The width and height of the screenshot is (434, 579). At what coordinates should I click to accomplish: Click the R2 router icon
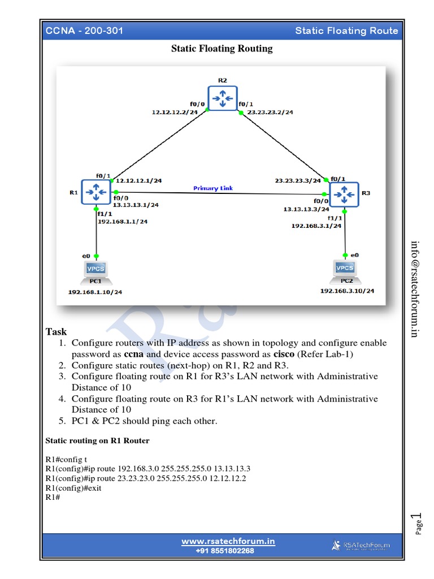point(222,99)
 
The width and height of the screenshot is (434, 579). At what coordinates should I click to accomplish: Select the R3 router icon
point(344,194)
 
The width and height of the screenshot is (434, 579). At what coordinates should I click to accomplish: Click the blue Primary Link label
point(213,188)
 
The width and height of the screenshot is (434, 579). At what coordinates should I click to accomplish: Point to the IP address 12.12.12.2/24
point(175,113)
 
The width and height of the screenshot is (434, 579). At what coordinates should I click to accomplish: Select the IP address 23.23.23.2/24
point(270,113)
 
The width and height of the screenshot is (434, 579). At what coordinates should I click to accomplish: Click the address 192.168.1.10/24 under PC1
point(95,292)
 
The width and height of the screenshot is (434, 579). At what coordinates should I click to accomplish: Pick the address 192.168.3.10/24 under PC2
point(347,291)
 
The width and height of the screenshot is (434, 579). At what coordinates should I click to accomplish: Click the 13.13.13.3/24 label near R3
point(306,209)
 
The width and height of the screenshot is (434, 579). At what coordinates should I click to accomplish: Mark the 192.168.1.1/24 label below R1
point(123,222)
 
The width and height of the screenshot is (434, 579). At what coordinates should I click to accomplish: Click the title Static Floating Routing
point(222,49)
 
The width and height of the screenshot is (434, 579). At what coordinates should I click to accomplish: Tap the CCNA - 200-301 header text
point(84,31)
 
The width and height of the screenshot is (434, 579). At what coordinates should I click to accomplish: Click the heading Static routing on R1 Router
point(97,440)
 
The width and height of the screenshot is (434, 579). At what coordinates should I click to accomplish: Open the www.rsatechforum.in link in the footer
point(228,542)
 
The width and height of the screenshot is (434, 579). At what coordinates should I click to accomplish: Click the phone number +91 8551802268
point(225,551)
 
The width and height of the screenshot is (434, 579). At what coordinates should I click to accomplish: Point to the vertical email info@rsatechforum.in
point(415,288)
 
